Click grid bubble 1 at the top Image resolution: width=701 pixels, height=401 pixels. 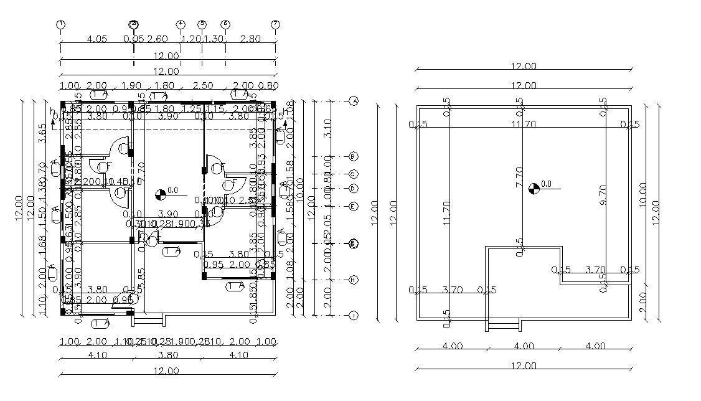coord(61,24)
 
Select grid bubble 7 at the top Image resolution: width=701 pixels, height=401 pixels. coord(275,24)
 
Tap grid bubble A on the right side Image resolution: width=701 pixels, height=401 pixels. coord(354,101)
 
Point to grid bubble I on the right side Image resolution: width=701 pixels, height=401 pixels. coord(354,316)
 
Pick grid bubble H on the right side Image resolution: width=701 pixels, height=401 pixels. coord(354,280)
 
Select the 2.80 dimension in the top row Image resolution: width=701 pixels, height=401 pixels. coord(250,39)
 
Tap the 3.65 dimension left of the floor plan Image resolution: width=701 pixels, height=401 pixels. coord(42,133)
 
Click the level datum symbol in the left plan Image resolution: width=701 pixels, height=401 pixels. coord(160,194)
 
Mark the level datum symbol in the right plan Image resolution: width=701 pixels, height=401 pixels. coord(534,188)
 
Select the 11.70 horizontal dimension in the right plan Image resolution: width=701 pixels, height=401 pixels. coord(524,125)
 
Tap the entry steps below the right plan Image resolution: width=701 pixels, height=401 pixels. coord(504,324)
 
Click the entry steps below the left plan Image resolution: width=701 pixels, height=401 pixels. coord(149,320)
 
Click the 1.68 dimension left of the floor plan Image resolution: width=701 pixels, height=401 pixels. coord(42,248)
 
